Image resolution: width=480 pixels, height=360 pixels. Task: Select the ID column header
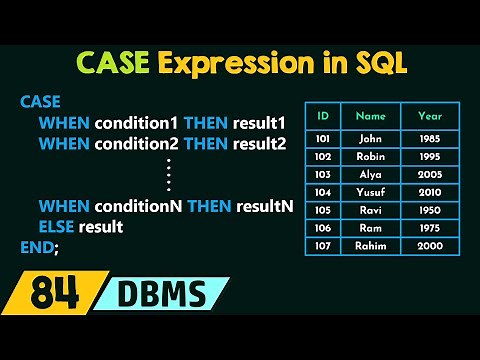coord(323,115)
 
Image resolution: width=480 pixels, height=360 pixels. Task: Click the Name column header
coord(370,115)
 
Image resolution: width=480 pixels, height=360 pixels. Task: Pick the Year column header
coord(429,115)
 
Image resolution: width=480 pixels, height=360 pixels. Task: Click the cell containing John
coord(370,139)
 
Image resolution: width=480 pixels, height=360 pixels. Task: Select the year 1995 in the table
coord(429,157)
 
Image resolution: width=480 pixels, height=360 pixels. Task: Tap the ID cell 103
coord(323,175)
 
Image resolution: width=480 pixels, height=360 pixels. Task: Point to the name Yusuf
coord(370,193)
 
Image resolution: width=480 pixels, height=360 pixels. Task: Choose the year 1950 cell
coord(429,211)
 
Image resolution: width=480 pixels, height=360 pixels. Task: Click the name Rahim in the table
coord(370,247)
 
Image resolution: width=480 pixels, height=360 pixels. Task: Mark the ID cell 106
coord(323,229)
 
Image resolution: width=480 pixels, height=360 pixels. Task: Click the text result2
coord(259,144)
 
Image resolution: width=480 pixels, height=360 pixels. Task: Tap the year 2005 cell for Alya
coord(429,175)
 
